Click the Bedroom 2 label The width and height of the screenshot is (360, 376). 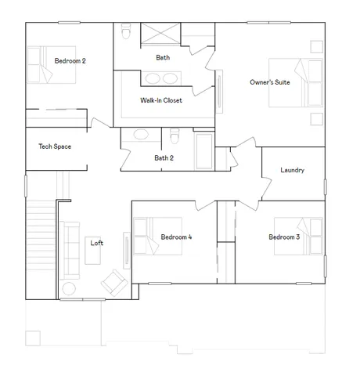pos(70,61)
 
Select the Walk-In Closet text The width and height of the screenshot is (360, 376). pos(161,101)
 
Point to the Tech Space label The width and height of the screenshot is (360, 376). pos(55,146)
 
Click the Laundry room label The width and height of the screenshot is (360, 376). pos(292,170)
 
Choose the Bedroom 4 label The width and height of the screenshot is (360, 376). pos(176,237)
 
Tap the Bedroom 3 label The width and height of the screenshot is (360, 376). pos(284,237)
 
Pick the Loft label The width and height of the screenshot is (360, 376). pos(96,243)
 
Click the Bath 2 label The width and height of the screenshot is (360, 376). pos(164,158)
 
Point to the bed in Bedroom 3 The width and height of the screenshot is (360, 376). pos(310,237)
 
